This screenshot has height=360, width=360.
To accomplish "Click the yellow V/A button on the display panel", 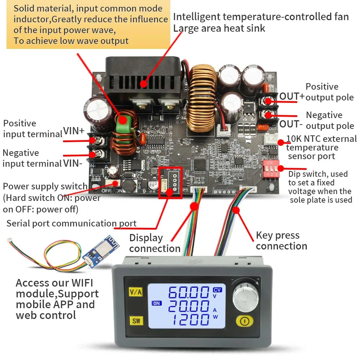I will [135, 292].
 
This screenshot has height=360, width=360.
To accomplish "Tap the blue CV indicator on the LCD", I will [217, 289].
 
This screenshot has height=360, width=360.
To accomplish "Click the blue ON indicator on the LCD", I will [157, 303].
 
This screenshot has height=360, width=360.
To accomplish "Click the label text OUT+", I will [292, 96].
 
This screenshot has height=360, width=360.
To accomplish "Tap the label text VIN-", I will [73, 163].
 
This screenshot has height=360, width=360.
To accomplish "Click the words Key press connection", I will [281, 241].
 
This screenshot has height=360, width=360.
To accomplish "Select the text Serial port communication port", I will [71, 223].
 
